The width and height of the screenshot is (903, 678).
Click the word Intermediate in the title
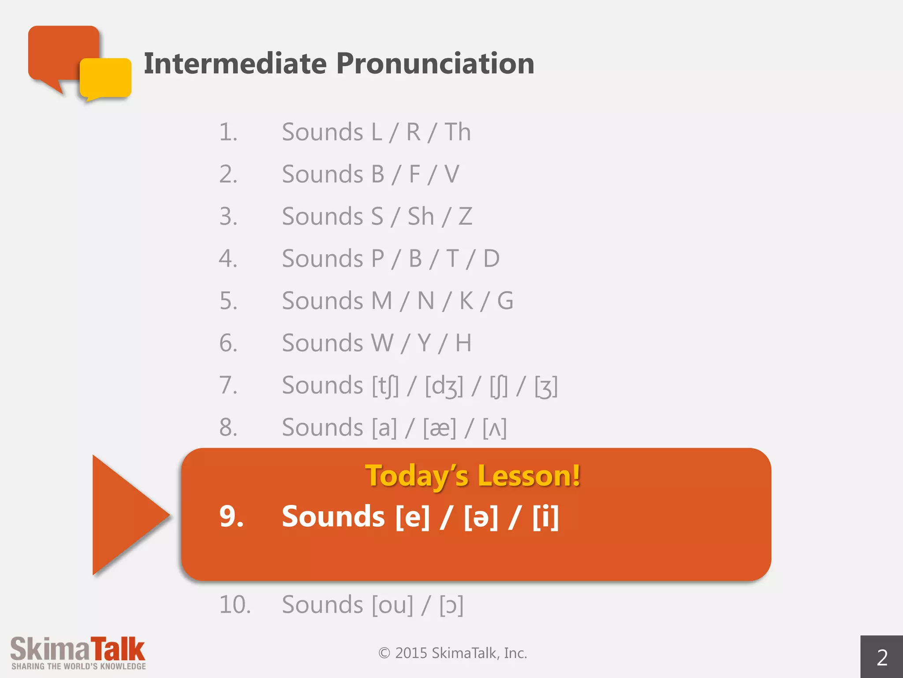[x=235, y=64]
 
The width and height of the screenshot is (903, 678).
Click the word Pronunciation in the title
[x=435, y=64]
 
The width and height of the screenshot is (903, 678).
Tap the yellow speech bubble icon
[x=105, y=78]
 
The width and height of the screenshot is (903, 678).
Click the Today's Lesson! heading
[x=472, y=476]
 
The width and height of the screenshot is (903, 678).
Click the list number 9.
[x=231, y=516]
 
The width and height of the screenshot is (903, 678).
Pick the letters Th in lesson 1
[x=457, y=132]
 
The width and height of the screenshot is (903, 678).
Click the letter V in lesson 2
[x=451, y=174]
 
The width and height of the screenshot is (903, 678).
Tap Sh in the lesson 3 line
[x=421, y=216]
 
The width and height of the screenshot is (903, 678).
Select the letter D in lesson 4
[x=491, y=259]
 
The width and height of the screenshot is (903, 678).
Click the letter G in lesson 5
[x=505, y=301]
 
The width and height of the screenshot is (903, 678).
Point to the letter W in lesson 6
[x=382, y=343]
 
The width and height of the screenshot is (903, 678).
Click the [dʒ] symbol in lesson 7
[x=444, y=386]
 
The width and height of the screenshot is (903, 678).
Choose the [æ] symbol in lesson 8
[x=440, y=428]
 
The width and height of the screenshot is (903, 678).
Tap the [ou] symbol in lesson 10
[x=392, y=605]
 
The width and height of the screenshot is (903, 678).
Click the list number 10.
[x=235, y=605]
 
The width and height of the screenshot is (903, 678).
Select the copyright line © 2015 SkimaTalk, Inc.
[x=452, y=653]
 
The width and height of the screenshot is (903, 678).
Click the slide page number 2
[x=882, y=657]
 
